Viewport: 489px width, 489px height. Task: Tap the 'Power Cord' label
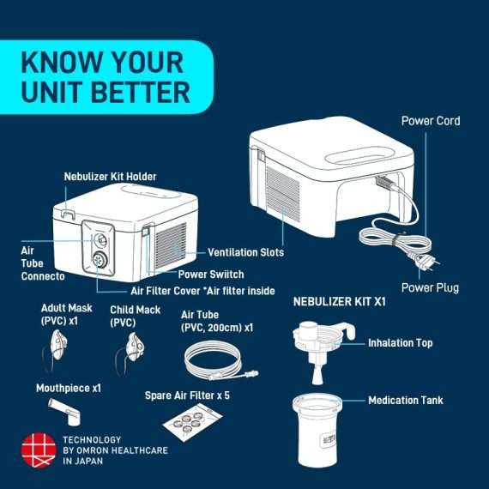[430, 121]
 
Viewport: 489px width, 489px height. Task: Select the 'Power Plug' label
[430, 287]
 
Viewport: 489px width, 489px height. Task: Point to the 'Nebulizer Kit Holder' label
[110, 177]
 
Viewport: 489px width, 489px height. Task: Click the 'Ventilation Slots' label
[245, 253]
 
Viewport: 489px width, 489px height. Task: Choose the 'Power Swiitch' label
[210, 275]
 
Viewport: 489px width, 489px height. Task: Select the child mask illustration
[131, 348]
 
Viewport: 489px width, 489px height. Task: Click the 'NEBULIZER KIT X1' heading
[340, 303]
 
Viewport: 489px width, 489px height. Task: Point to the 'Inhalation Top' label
[400, 343]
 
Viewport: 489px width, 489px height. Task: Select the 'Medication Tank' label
[405, 401]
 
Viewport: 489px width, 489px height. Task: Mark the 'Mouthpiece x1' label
[68, 388]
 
